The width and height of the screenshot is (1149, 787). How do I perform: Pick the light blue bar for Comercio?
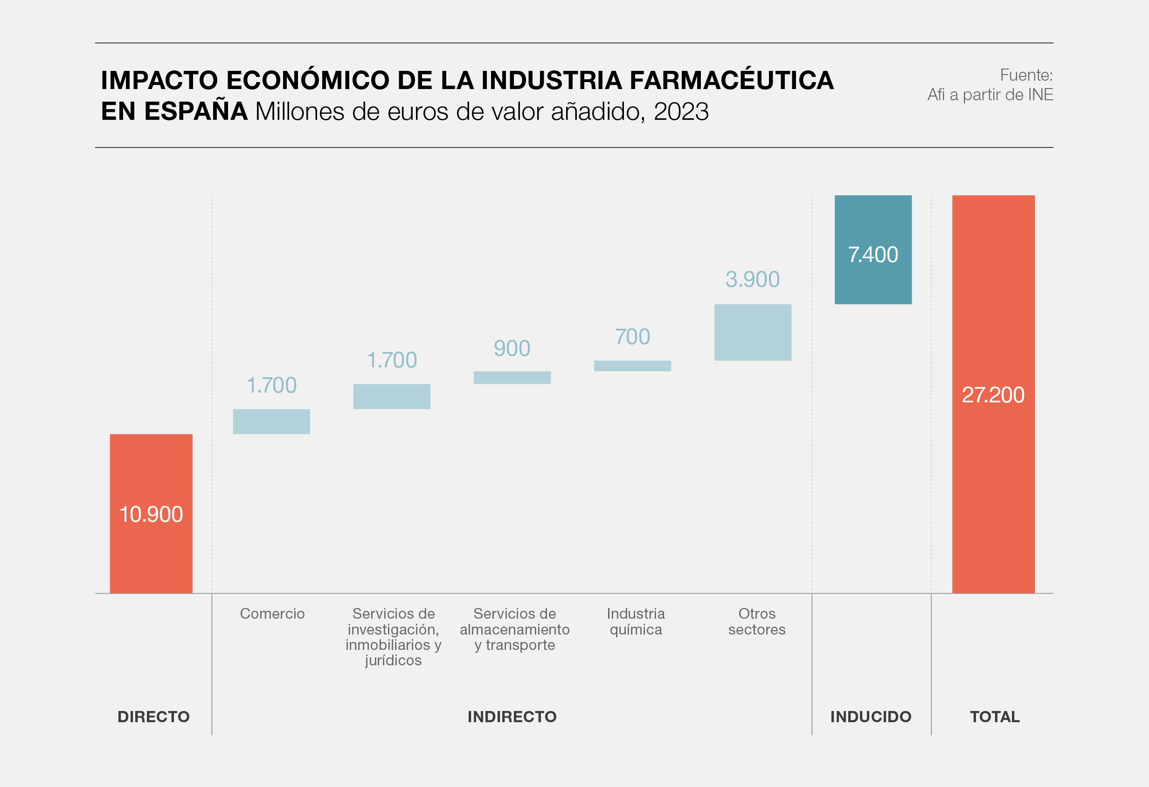pos(271,421)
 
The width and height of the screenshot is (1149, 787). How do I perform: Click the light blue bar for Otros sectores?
pos(753,332)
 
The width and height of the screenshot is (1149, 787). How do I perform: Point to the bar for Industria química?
pos(632,366)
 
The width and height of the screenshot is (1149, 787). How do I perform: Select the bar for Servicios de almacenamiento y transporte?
pos(512,378)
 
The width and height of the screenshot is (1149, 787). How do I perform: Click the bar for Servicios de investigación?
pos(392,396)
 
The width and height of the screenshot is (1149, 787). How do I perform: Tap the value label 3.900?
pos(753,279)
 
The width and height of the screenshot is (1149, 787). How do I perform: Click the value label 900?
pos(512,349)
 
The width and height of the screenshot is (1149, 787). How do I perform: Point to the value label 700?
pos(632,337)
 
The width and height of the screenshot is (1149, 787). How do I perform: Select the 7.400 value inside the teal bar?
pos(872,255)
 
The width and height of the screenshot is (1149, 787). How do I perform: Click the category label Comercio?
pos(272,614)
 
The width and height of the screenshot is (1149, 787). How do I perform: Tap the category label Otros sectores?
pos(756,621)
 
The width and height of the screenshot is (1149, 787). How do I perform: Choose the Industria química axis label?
pos(636,621)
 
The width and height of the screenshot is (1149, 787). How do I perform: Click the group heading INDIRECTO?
pos(512,717)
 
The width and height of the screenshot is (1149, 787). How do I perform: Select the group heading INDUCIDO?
pos(871,717)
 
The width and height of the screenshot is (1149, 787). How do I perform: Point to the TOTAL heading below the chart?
pos(995,717)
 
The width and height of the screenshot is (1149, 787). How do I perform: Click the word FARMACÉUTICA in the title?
pos(732,81)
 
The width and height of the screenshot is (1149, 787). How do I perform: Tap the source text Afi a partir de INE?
pos(990,95)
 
